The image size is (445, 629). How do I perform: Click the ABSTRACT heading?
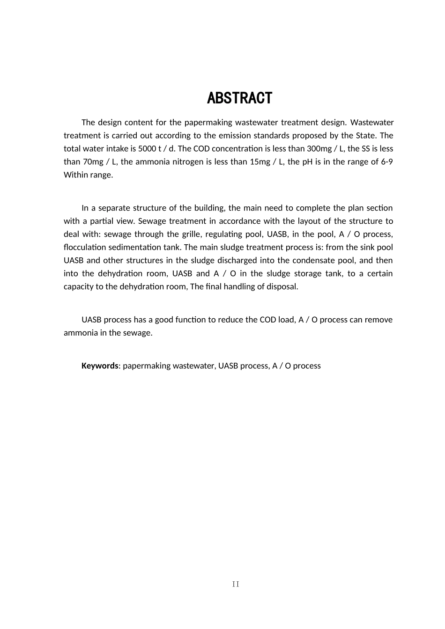point(239,98)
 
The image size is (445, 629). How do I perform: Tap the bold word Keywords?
point(100,366)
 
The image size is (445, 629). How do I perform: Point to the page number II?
point(236,584)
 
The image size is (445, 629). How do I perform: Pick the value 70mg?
point(89,161)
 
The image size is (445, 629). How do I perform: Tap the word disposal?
point(282,286)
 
